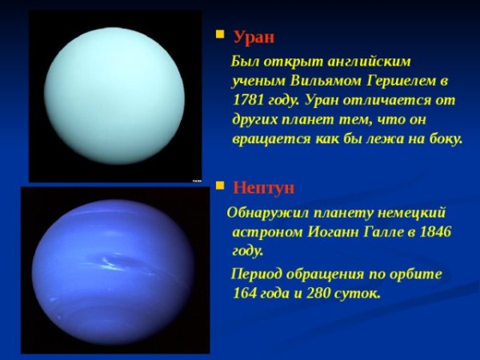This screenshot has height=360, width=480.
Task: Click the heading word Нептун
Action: (x=264, y=188)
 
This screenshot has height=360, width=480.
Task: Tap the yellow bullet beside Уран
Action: (x=220, y=35)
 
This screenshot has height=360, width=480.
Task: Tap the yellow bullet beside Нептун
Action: (x=220, y=186)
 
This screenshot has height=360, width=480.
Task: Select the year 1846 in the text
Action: (x=431, y=232)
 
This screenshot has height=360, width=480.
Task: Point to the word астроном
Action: (x=267, y=232)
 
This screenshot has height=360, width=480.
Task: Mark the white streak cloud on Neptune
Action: (x=112, y=261)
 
